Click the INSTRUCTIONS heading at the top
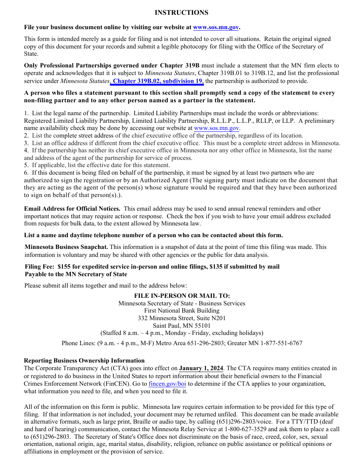[x=181, y=13]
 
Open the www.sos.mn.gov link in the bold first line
[x=216, y=27]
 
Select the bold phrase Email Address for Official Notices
[x=72, y=209]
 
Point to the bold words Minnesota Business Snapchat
[x=66, y=247]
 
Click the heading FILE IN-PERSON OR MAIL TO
[x=182, y=296]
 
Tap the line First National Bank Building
[x=182, y=311]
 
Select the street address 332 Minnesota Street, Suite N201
[x=182, y=318]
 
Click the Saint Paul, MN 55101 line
[x=182, y=326]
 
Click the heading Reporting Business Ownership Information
[x=84, y=361]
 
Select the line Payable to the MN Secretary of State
[x=76, y=274]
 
